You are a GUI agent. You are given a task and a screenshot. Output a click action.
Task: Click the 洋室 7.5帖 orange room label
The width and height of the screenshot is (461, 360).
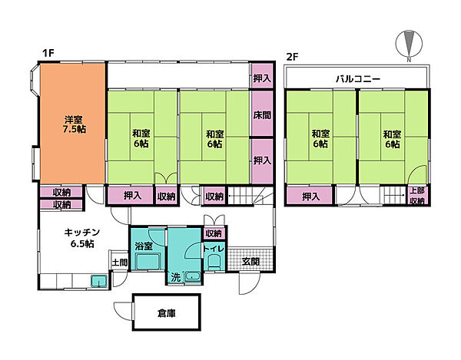tap(74, 125)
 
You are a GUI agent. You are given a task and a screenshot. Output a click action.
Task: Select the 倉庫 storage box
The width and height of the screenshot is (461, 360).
tap(166, 312)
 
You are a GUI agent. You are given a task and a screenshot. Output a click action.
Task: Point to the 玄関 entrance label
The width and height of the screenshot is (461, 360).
tap(250, 261)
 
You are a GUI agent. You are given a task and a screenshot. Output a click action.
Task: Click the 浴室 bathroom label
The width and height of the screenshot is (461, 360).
tap(143, 246)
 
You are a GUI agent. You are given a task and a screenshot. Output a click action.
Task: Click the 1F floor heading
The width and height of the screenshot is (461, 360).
tap(48, 55)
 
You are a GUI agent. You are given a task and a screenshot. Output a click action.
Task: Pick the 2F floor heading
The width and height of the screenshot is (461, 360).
tap(291, 55)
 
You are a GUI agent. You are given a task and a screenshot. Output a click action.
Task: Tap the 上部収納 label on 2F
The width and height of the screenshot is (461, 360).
tap(416, 196)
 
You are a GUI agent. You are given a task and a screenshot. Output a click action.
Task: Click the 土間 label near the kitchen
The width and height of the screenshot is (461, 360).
tap(119, 263)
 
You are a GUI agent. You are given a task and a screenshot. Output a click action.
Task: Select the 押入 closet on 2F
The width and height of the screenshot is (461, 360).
tap(311, 197)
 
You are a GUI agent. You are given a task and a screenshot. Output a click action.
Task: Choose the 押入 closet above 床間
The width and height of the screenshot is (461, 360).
tap(261, 78)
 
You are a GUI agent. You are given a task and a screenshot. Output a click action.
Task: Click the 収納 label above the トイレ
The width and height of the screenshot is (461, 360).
tap(213, 233)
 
